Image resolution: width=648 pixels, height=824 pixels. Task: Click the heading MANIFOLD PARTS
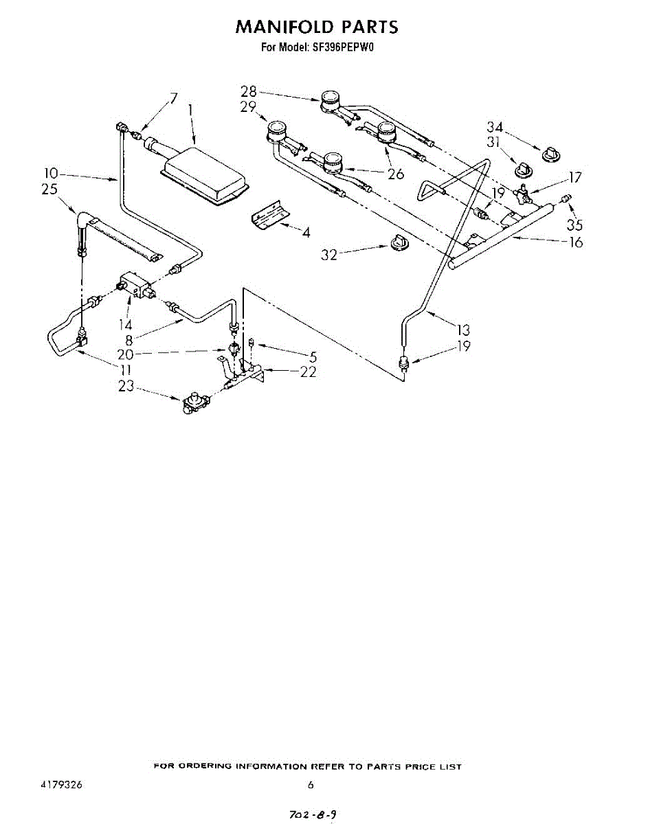click(x=317, y=27)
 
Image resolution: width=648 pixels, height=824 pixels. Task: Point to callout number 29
click(x=248, y=107)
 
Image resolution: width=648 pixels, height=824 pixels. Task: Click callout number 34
click(x=495, y=127)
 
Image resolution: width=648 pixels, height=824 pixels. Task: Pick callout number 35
click(x=574, y=224)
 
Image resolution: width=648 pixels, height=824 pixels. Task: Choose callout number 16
click(x=575, y=242)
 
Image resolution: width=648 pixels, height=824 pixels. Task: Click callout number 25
click(x=49, y=190)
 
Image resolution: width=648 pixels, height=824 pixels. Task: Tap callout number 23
click(x=126, y=387)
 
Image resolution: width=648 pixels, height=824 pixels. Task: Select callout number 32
click(x=331, y=255)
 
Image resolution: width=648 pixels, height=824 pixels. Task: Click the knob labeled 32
click(x=397, y=241)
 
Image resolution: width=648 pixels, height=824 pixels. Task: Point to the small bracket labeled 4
click(x=269, y=216)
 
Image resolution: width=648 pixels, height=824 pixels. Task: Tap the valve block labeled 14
click(x=135, y=285)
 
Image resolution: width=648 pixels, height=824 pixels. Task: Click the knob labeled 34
click(x=551, y=153)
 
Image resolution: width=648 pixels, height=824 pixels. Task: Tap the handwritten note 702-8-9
click(x=313, y=814)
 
